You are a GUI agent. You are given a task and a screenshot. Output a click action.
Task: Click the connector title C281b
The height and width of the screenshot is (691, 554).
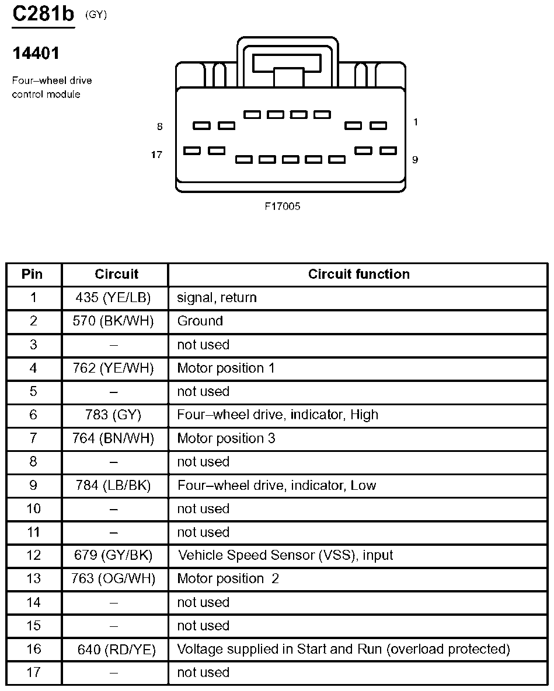[x=44, y=15]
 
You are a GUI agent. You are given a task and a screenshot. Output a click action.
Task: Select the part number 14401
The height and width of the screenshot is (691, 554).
[x=36, y=54]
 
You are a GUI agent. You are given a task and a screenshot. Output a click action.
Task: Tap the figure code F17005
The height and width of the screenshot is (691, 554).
[x=282, y=206]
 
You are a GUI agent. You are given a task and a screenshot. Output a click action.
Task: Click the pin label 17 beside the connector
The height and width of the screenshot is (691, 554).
[x=156, y=155]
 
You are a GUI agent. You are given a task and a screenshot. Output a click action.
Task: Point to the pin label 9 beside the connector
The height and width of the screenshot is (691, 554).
[x=415, y=159]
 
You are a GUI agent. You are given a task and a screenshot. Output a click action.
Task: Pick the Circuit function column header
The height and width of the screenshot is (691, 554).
[x=358, y=274]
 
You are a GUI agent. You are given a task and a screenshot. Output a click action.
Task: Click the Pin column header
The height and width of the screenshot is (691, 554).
[x=33, y=274]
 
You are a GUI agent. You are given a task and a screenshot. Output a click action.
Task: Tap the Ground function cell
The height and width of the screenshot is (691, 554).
[x=200, y=321]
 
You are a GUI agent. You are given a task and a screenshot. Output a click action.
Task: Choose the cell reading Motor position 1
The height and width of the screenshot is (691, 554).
[x=226, y=368]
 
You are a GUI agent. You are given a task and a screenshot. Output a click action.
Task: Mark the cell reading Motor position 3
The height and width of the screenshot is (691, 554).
[x=226, y=438]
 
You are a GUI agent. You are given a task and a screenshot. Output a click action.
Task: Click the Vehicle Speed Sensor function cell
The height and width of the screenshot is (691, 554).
[x=285, y=555]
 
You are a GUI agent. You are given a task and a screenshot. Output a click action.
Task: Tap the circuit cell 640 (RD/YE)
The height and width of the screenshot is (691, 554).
[x=117, y=649]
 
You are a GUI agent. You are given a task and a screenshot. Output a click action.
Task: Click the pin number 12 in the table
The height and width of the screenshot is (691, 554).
[x=33, y=555]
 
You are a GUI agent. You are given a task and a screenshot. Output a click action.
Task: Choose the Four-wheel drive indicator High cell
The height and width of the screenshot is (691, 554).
[x=277, y=415]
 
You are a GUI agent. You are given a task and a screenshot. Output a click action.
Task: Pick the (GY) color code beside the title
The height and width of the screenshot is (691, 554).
[x=96, y=15]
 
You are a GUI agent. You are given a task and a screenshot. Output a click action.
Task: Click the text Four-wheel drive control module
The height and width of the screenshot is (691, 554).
[x=52, y=87]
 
